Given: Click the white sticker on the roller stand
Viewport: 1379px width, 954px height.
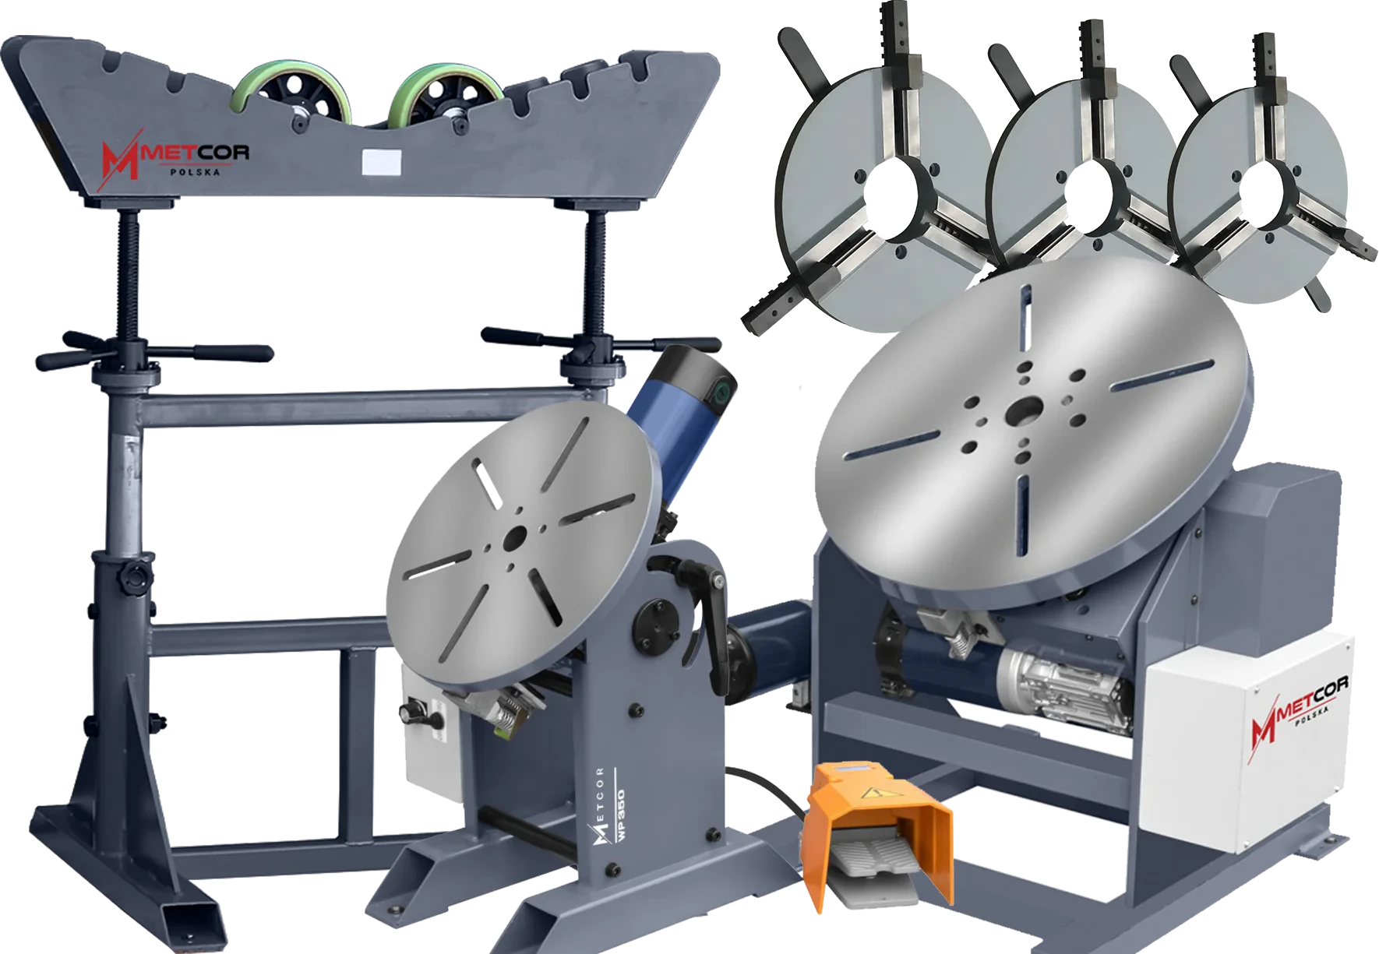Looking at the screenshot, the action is click(381, 161).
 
